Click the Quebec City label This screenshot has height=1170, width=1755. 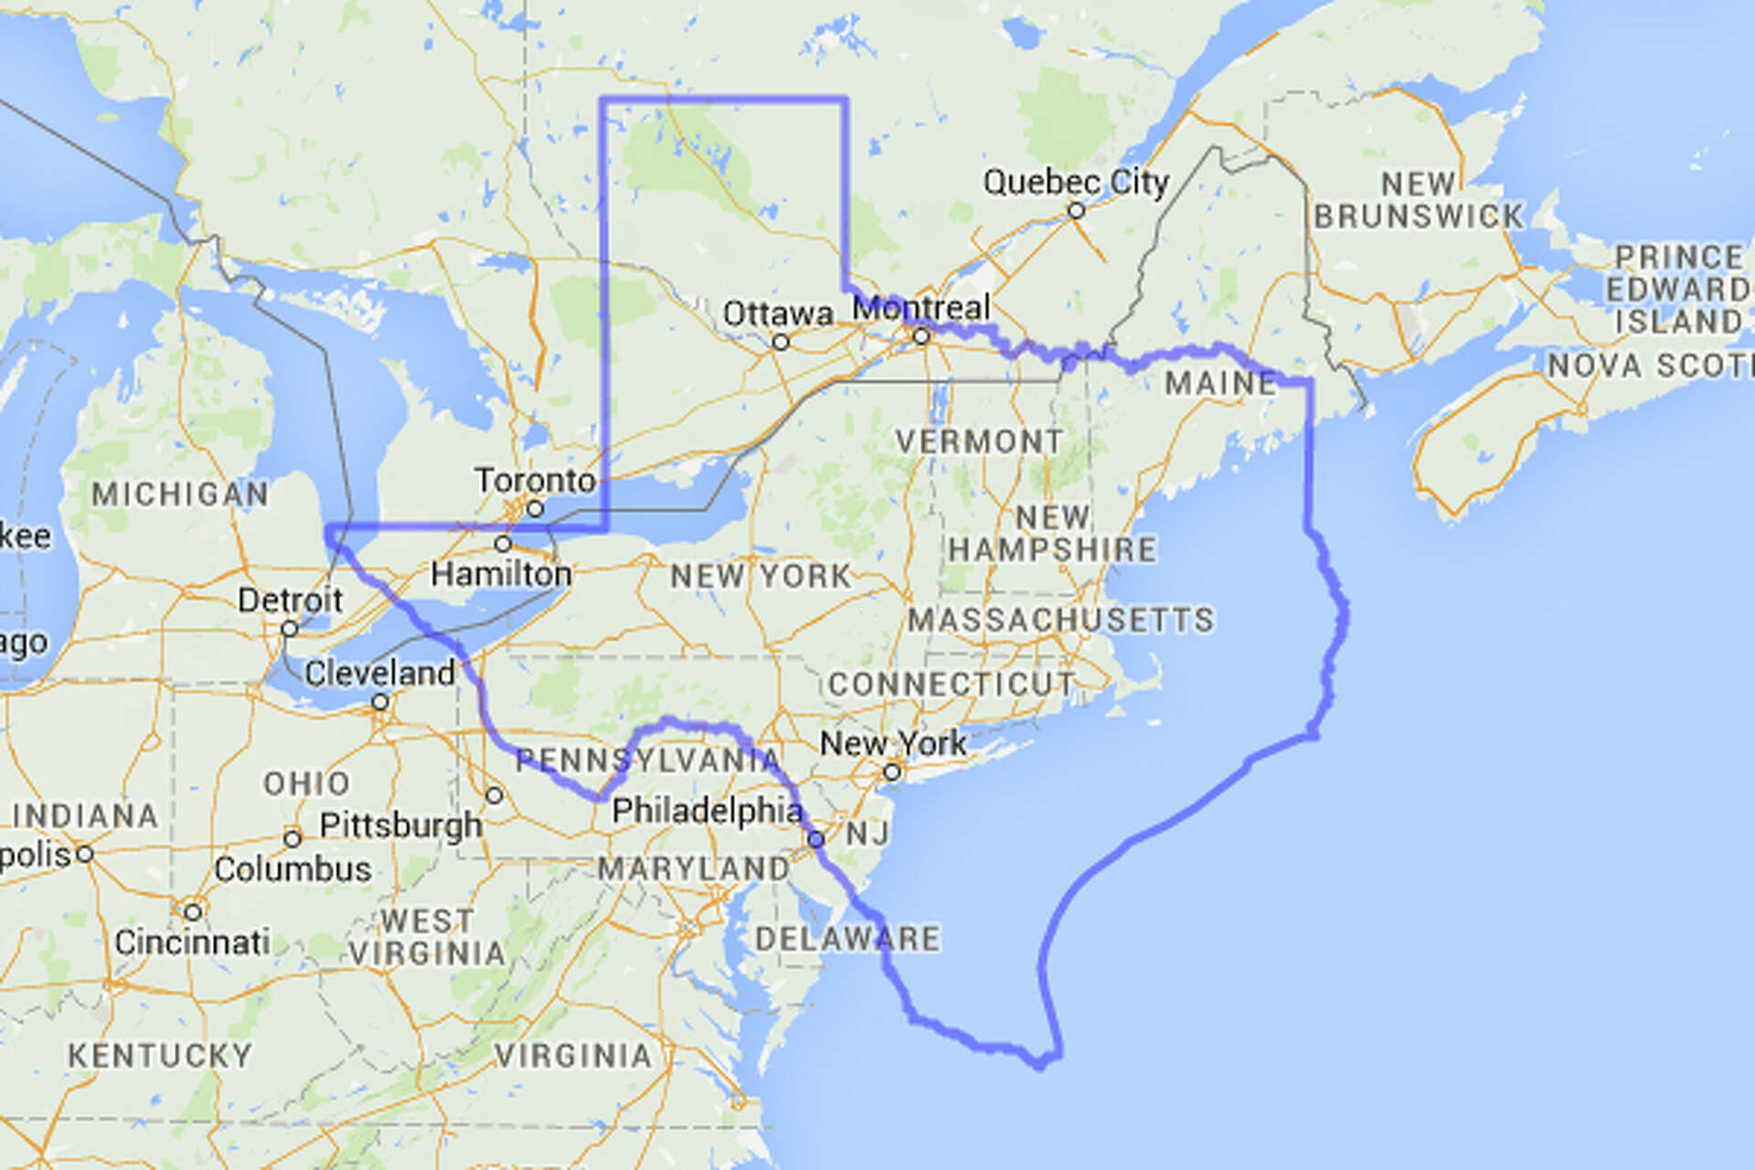1076,182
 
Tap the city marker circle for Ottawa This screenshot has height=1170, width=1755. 781,342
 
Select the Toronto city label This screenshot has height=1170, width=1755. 535,480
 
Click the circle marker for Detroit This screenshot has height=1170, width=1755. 289,629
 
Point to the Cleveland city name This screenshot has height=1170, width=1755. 379,674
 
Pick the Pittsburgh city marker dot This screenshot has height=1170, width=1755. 494,795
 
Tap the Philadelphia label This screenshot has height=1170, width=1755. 707,810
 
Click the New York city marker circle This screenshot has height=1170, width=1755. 891,772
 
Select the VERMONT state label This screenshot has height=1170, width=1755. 979,441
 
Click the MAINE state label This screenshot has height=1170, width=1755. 1220,383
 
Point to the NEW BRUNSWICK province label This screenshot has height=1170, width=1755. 1419,200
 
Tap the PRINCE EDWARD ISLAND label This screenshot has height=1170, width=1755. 1679,289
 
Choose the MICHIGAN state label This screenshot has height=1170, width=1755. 180,495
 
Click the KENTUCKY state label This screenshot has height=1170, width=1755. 160,1056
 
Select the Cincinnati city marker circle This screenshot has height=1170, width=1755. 192,912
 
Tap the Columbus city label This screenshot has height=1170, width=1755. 292,868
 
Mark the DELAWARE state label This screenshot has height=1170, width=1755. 847,939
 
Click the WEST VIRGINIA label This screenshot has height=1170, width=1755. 427,937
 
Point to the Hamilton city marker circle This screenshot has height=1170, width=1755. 503,544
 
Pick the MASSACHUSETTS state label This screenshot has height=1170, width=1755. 1061,620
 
